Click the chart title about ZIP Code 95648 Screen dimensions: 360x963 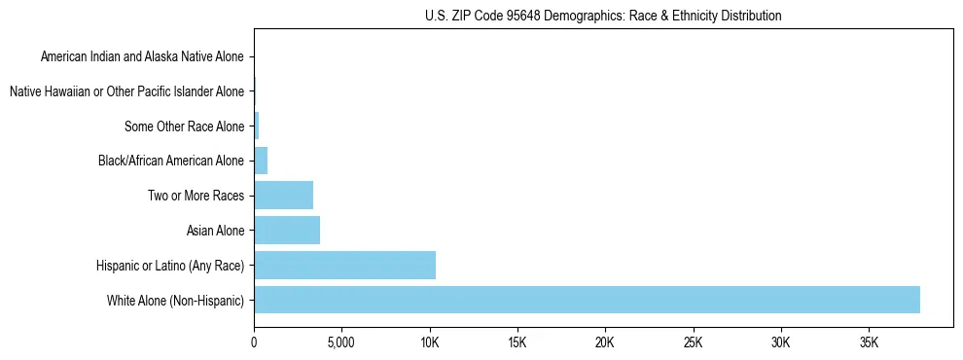[x=603, y=16]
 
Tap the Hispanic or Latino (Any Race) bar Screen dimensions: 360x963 [x=344, y=265]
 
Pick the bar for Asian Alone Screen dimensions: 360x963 [x=287, y=231]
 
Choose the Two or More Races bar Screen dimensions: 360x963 [x=283, y=196]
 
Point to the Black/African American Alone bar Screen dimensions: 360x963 [x=261, y=161]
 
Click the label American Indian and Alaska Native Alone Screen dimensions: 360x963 [x=143, y=57]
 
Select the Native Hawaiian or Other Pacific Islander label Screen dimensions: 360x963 [x=126, y=91]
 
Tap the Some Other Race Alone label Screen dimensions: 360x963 [x=185, y=126]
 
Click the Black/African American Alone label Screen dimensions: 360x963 [x=172, y=161]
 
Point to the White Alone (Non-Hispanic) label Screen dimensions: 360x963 [x=176, y=300]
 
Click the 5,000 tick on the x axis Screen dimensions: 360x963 [x=341, y=342]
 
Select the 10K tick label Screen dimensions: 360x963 [x=429, y=342]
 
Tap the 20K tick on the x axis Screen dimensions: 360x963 [x=605, y=342]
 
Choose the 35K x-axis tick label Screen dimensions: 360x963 [x=869, y=342]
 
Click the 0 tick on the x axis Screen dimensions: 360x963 [x=254, y=342]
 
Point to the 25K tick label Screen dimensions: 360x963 [x=693, y=342]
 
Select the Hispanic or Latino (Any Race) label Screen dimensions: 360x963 [x=170, y=265]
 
